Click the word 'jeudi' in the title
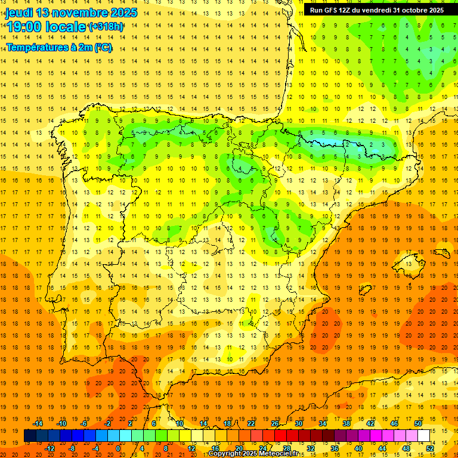(18, 13)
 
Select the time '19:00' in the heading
(24, 27)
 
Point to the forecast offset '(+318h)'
(106, 27)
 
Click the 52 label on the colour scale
(430, 448)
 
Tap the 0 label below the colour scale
(117, 448)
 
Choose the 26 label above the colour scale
(274, 423)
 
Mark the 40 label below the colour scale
(358, 448)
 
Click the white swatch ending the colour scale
(423, 436)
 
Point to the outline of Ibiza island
(364, 290)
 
